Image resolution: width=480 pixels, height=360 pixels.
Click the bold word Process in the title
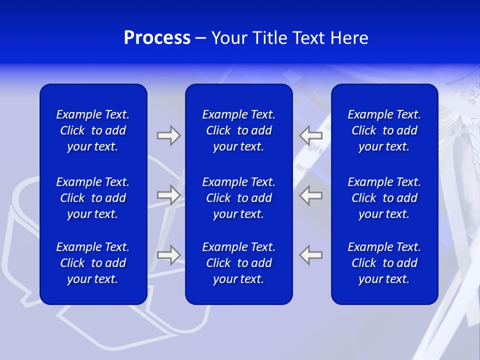(x=157, y=38)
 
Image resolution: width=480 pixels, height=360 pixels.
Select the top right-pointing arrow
(x=168, y=135)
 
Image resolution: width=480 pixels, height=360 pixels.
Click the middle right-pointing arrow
(x=168, y=195)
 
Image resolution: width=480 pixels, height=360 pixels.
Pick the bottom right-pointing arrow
(x=168, y=255)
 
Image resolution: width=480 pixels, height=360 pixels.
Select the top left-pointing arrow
(x=311, y=135)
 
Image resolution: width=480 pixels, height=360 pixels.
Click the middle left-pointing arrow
(x=311, y=195)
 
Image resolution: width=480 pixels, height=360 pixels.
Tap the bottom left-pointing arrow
(x=311, y=255)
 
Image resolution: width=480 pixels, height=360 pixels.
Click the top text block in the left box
(x=93, y=130)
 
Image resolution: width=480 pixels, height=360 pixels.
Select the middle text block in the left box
(x=93, y=198)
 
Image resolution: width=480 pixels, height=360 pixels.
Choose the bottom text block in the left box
(x=93, y=263)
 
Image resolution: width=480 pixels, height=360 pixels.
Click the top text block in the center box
(x=238, y=130)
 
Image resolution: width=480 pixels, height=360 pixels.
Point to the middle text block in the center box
(x=238, y=198)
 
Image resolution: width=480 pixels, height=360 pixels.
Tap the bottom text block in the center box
(x=238, y=263)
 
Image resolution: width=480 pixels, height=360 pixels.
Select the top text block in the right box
(x=384, y=130)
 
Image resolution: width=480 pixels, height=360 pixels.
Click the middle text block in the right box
(x=384, y=198)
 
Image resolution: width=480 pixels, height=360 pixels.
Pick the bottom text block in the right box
(x=384, y=263)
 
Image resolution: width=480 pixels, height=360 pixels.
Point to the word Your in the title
(x=229, y=38)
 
